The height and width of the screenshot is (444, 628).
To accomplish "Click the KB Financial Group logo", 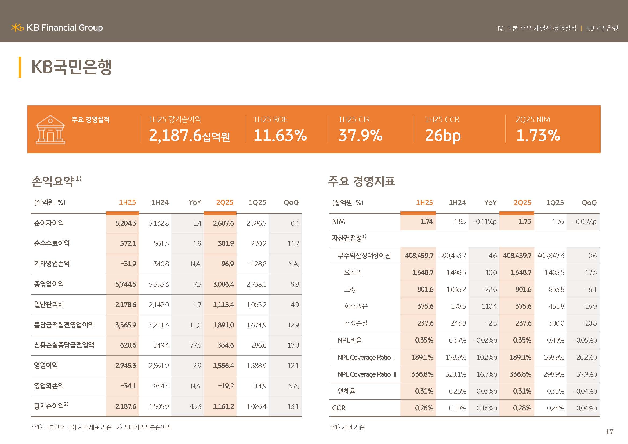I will coord(57,28).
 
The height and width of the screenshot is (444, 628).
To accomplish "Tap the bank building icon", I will coord(50,130).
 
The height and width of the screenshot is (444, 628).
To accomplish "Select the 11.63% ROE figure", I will coord(280,135).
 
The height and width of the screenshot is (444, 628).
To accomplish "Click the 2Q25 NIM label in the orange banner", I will coord(532,119).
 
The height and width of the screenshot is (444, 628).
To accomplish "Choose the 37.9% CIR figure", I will coord(360,135).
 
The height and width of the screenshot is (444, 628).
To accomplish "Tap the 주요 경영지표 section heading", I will coord(362,181).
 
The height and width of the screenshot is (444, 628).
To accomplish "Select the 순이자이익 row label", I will coord(49,223).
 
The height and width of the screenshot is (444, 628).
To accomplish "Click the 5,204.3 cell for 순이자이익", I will coord(126,223).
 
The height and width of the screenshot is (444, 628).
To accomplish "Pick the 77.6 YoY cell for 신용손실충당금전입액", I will coord(195,345).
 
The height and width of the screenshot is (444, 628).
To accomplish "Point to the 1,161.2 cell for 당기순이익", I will coord(223,406).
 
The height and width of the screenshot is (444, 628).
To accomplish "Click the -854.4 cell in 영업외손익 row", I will coord(159,386).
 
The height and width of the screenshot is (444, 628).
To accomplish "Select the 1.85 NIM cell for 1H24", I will coord(459,221).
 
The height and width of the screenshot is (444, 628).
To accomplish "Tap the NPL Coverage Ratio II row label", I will coord(367,374).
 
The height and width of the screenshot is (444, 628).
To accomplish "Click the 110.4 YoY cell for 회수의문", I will coord(489,306).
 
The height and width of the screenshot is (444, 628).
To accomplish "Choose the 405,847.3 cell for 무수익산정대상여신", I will coord(551,256).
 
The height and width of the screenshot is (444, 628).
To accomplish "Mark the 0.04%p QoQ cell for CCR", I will coord(586,408).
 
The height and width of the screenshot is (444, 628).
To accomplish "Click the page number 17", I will coord(609,432).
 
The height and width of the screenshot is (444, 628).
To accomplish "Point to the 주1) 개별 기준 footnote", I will coord(347,427).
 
